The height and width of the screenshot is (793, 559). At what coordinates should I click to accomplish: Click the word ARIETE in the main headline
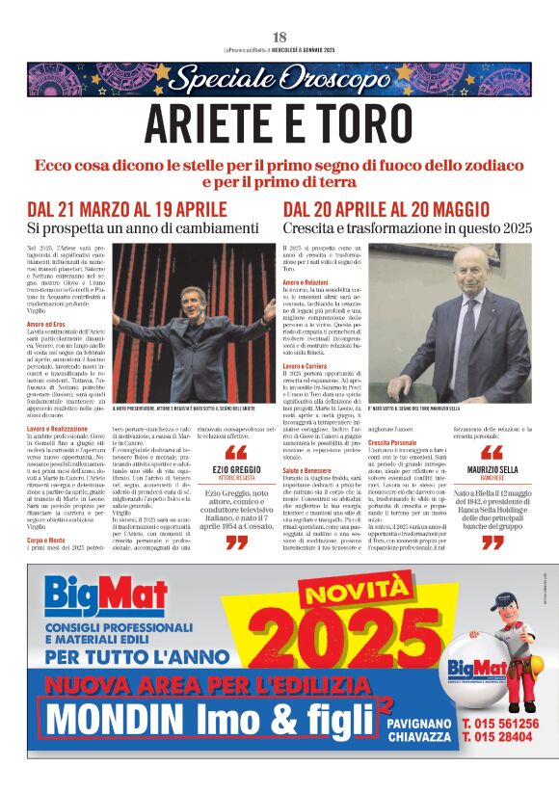click(x=214, y=122)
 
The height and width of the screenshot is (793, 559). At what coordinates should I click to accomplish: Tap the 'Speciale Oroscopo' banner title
click(x=279, y=79)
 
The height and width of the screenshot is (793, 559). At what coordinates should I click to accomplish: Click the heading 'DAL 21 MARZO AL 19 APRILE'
click(x=127, y=210)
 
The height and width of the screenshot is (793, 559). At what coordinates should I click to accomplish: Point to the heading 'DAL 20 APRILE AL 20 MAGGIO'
click(x=386, y=210)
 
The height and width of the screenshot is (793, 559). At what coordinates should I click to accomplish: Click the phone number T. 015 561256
click(x=499, y=723)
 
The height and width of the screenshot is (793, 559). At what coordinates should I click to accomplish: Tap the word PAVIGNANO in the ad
click(x=417, y=722)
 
